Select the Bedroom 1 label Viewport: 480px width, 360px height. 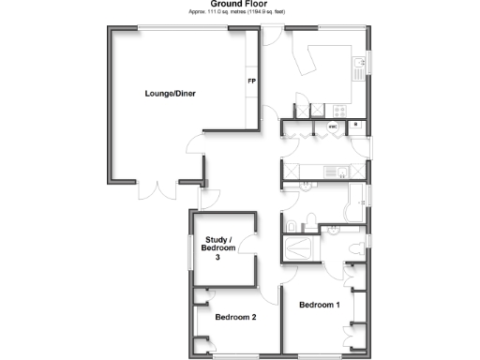click(319, 306)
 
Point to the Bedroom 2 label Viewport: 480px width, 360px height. click(235, 318)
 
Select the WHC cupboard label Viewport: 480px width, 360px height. click(333, 126)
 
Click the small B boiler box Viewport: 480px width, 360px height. click(356, 125)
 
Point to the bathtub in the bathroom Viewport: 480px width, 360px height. click(353, 201)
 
